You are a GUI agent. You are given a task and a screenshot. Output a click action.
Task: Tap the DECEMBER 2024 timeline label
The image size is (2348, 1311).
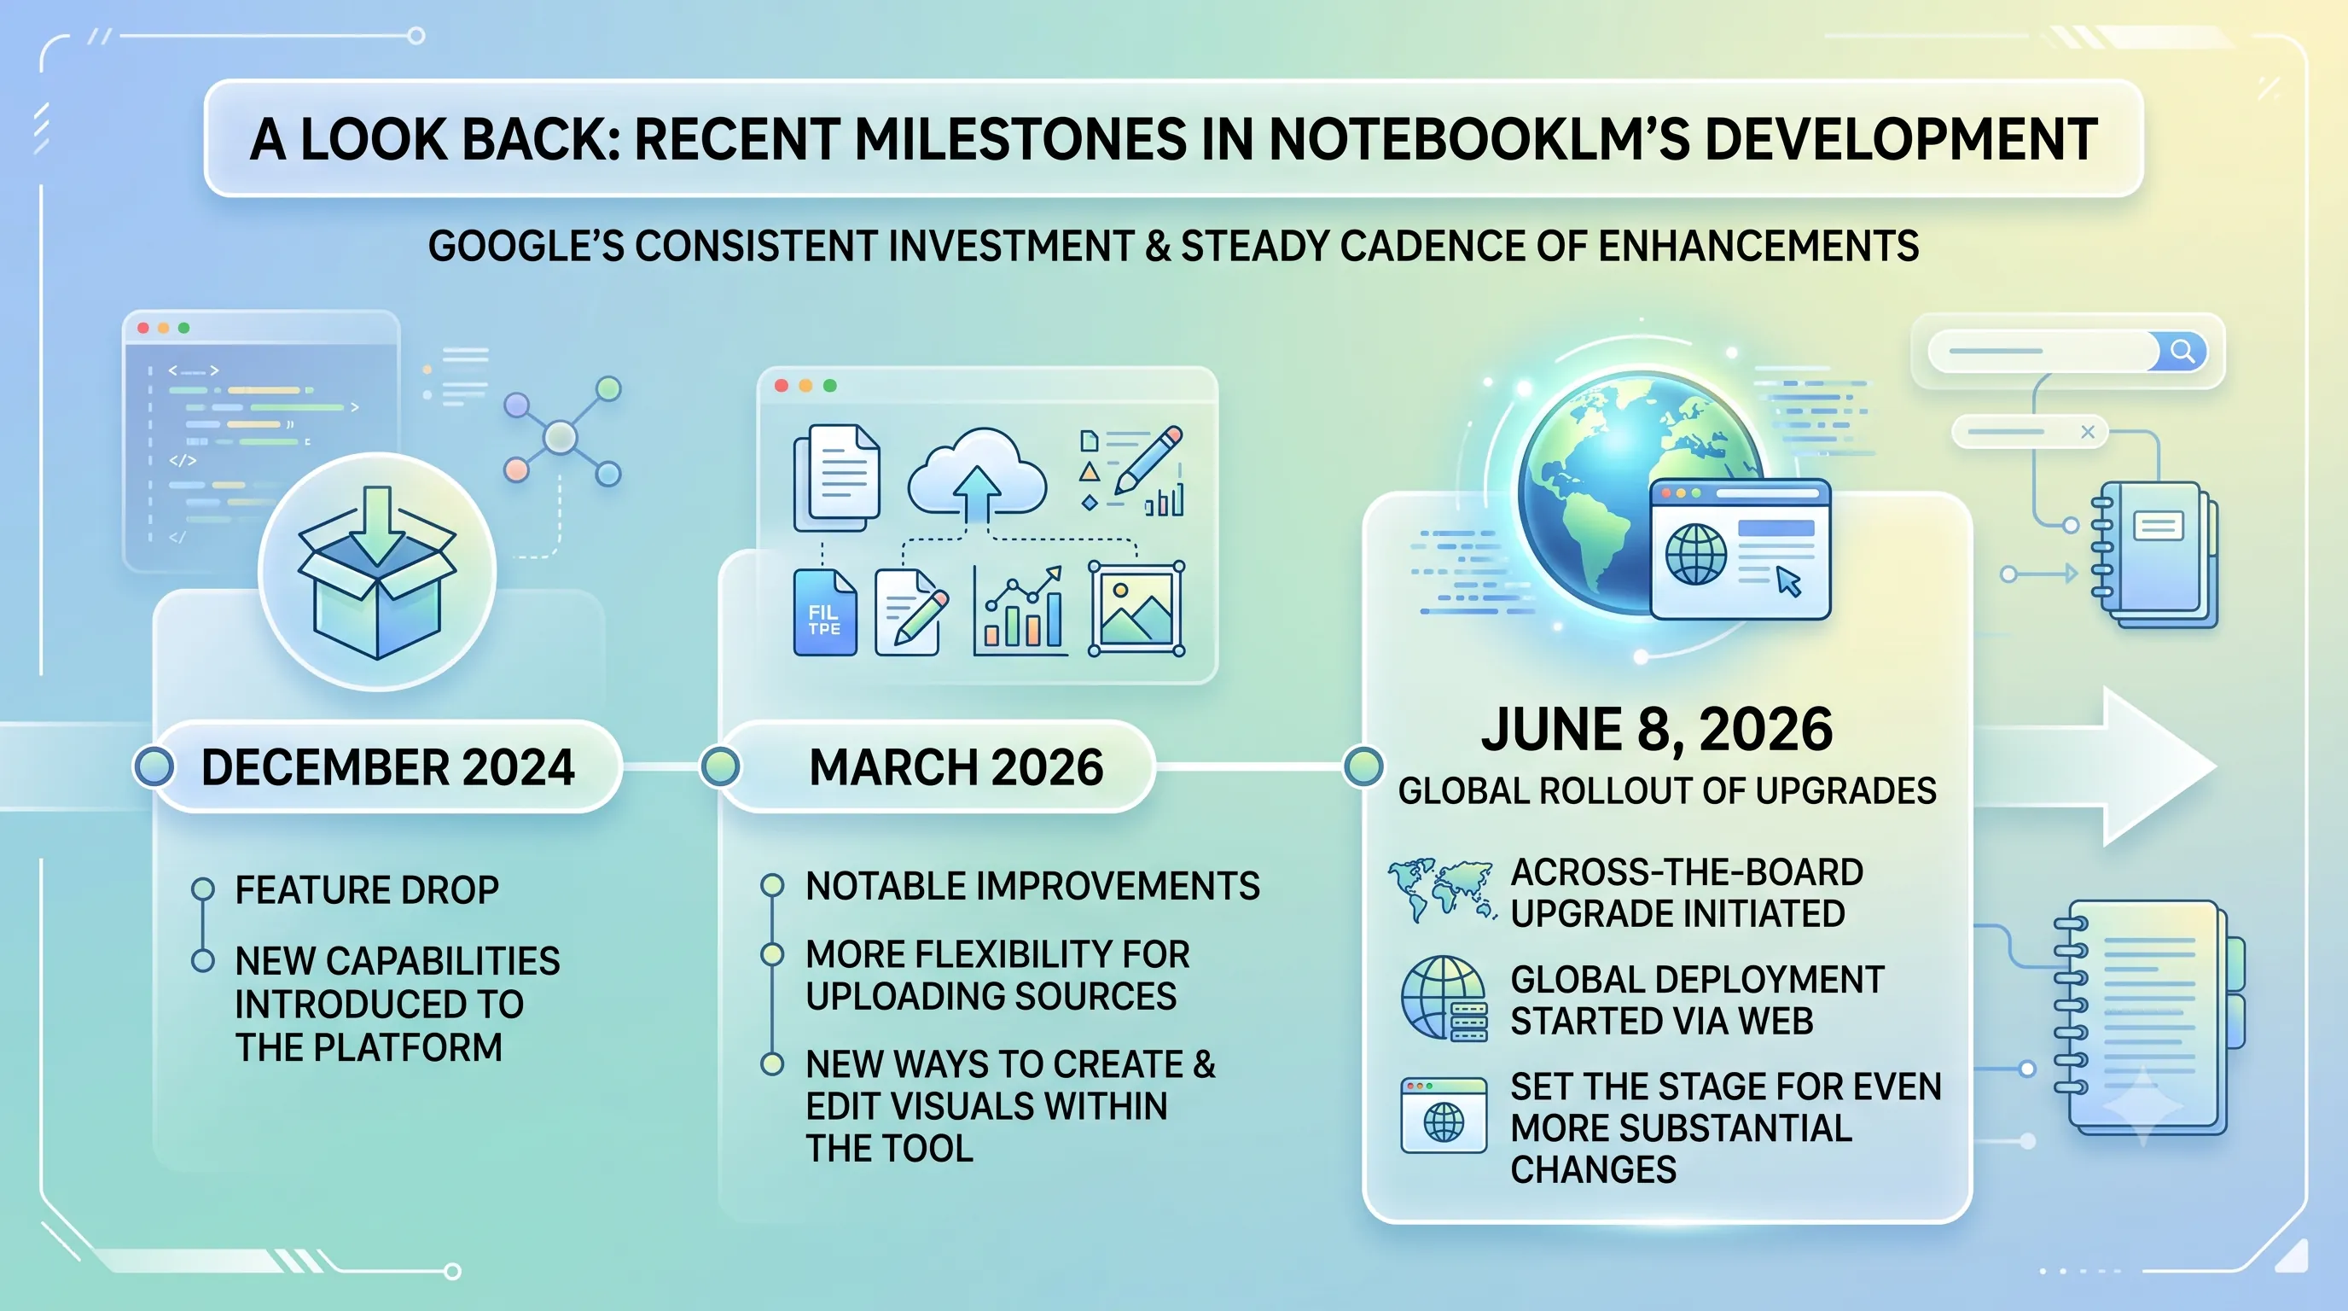pyautogui.click(x=387, y=766)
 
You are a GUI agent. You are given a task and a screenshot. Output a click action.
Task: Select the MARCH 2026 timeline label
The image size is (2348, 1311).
pyautogui.click(x=956, y=766)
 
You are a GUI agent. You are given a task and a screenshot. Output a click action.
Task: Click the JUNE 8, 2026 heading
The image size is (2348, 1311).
pyautogui.click(x=1656, y=730)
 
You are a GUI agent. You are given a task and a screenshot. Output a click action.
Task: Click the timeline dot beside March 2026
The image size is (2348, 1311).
pyautogui.click(x=720, y=766)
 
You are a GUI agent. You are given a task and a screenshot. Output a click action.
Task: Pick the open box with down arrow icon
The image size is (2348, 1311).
pyautogui.click(x=377, y=572)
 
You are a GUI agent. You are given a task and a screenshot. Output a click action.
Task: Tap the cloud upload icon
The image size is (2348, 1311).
pyautogui.click(x=977, y=472)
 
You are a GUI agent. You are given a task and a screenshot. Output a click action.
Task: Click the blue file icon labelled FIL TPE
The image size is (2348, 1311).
pyautogui.click(x=825, y=613)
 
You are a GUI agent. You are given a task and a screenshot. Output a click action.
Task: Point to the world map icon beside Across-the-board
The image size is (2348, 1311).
pyautogui.click(x=1441, y=890)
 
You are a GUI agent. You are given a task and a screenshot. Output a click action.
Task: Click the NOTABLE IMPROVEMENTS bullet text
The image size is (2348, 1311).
pyautogui.click(x=1032, y=886)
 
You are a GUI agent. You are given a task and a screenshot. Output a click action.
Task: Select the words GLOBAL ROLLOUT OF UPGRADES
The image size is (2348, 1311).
pyautogui.click(x=1667, y=790)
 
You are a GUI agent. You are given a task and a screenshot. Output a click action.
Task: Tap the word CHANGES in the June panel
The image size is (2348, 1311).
pyautogui.click(x=1593, y=1169)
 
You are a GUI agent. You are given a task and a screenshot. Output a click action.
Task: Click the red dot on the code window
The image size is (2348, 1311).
pyautogui.click(x=143, y=327)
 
